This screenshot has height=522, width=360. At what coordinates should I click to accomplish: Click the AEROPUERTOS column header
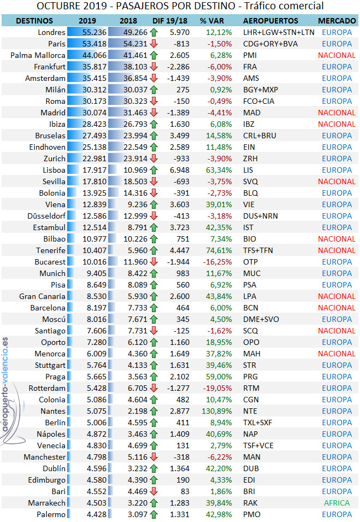point(270,21)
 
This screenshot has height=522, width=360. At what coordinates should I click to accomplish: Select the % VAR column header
point(210,21)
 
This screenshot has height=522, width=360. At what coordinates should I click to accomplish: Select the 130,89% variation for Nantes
point(205,411)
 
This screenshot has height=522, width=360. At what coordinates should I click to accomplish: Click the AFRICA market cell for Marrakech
point(337,503)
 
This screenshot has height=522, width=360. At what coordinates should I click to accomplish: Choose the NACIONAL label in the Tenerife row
point(337,250)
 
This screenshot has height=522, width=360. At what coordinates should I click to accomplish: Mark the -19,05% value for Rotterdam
point(208,388)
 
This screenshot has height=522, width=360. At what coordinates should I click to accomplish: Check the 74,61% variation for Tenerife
point(208,250)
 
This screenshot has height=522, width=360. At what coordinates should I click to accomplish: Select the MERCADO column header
point(337,21)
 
